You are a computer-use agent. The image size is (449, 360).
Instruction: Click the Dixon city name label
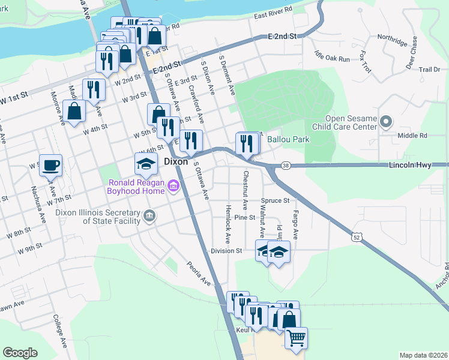pos(176,162)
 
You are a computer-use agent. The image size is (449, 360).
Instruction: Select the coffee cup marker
pos(51,164)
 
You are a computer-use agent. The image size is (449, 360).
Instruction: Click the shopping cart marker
pos(296,338)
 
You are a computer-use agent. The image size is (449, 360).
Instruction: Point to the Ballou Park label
pos(288,139)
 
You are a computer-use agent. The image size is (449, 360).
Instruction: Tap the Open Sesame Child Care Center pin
pos(386,122)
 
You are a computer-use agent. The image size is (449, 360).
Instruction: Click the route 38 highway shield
pos(286,165)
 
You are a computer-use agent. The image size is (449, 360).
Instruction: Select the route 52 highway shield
pos(357,238)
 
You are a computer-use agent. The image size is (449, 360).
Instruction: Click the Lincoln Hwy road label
pos(410,164)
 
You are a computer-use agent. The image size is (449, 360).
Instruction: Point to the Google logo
pos(20,353)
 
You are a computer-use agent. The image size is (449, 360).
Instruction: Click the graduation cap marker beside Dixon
pos(146,163)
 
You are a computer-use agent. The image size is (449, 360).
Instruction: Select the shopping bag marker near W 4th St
pos(74,111)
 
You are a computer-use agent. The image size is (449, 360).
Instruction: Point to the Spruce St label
pos(276,200)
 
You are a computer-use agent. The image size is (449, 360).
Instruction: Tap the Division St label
pos(226,251)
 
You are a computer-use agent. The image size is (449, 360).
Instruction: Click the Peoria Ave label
pos(199,273)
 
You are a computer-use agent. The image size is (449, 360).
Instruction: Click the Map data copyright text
pos(423,355)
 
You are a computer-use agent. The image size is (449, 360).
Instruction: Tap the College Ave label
pos(59,330)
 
